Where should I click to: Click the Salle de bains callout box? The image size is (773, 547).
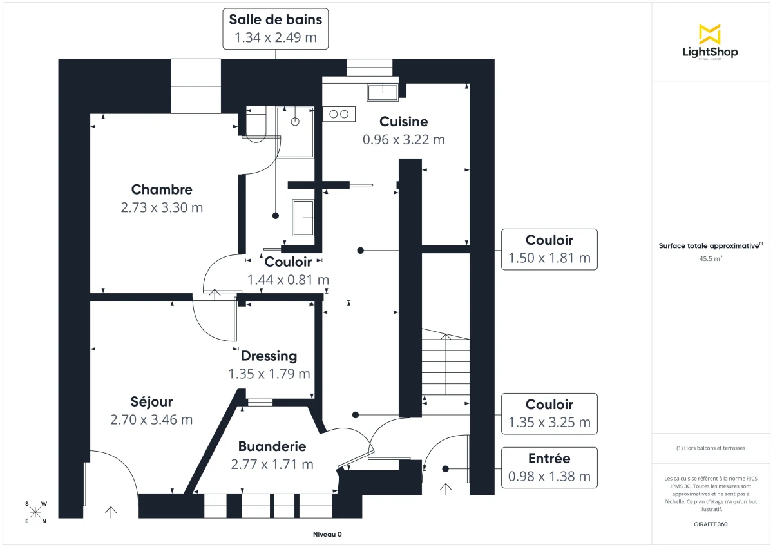(x=276, y=29)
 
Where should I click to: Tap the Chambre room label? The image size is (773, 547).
(x=162, y=189)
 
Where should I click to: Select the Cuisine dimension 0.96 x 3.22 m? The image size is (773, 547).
(x=404, y=139)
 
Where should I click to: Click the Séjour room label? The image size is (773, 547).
(x=151, y=402)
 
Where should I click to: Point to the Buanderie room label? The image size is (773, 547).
(x=272, y=446)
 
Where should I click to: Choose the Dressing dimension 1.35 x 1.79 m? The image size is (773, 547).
(x=269, y=374)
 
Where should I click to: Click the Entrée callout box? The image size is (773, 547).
(x=549, y=468)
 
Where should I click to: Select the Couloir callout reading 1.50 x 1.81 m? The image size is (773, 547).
(x=549, y=249)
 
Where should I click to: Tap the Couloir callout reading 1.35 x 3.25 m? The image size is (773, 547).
(x=549, y=414)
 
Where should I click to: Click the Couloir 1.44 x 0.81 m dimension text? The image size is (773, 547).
(x=288, y=280)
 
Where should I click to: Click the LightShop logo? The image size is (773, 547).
(x=710, y=42)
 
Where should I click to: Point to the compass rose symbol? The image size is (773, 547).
(x=35, y=512)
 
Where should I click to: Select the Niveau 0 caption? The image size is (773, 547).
(x=327, y=534)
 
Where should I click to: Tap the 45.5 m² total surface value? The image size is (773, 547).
(x=709, y=259)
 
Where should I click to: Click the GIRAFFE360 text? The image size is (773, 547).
(x=709, y=524)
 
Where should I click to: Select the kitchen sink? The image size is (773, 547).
(x=383, y=92)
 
